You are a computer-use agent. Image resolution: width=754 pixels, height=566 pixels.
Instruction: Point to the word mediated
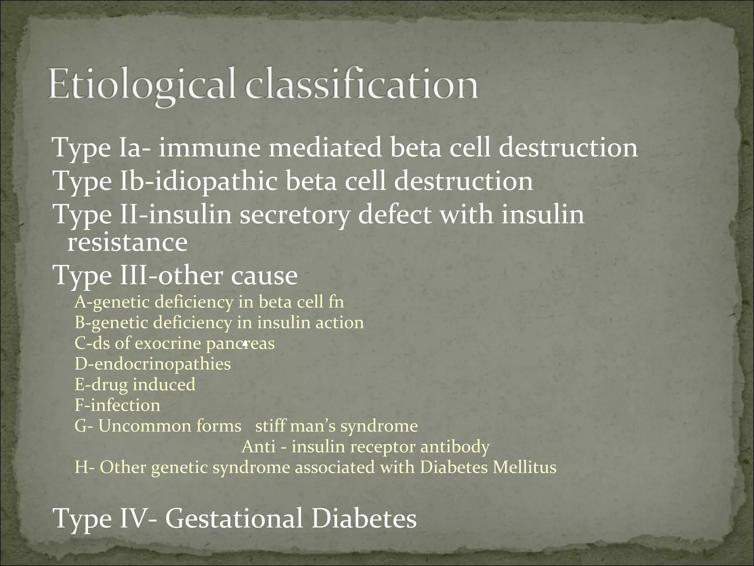(325, 148)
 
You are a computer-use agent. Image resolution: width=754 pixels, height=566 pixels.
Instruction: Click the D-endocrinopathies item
(153, 364)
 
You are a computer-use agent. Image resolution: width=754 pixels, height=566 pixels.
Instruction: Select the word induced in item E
(164, 385)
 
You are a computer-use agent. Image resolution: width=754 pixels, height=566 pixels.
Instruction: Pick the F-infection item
(117, 405)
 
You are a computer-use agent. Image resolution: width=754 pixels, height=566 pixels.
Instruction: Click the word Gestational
(234, 518)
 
